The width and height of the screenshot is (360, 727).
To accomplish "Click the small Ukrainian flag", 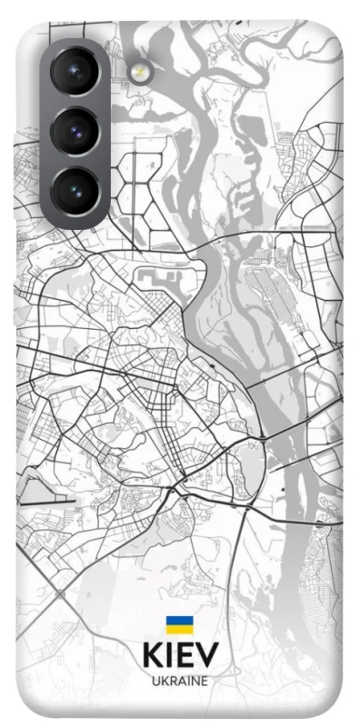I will (x=178, y=624).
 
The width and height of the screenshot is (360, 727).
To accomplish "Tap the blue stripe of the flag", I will (x=178, y=621).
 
